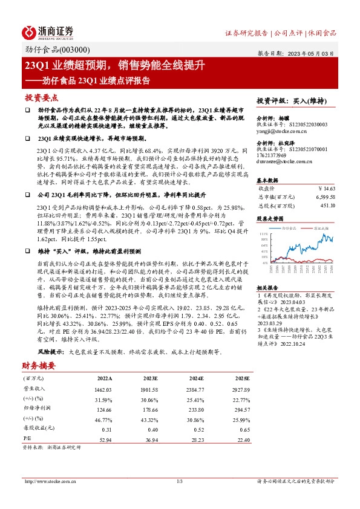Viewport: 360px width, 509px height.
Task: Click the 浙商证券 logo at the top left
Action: pos(48,31)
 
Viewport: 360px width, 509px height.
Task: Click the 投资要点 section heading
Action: pos(41,97)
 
